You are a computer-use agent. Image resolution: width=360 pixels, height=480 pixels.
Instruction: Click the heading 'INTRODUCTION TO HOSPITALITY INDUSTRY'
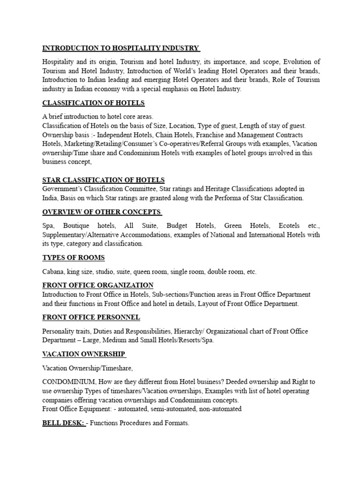tap(121, 48)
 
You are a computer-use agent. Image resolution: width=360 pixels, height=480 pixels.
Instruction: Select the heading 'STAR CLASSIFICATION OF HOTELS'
tap(103, 180)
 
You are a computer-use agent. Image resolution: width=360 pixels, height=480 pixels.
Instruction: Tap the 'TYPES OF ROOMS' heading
tap(74, 258)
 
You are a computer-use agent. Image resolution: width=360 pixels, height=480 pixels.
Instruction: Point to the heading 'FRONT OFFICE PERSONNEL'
tap(91, 318)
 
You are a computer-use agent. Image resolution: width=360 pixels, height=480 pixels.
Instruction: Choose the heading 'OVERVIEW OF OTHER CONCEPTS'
tap(102, 212)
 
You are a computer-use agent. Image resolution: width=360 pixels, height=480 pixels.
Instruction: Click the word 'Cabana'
tap(53, 272)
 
